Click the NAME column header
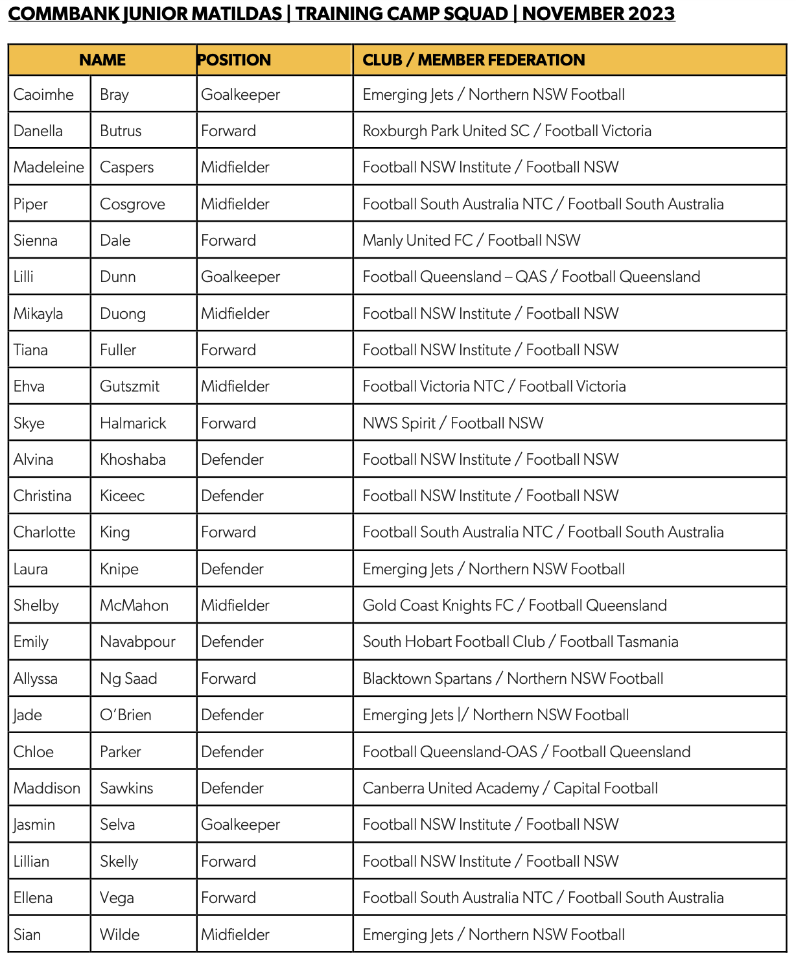coord(102,60)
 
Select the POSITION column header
coord(234,60)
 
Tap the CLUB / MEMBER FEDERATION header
coord(473,60)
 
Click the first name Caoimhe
coord(43,95)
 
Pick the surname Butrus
coord(121,131)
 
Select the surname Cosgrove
coord(132,204)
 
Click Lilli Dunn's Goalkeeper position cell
coord(240,277)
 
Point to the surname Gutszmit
coord(130,386)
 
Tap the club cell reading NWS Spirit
coord(452,423)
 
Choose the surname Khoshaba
coord(133,460)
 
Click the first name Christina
coord(43,496)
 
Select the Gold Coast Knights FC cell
coord(514,605)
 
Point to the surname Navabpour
coord(137,642)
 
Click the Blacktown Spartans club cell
coord(512,679)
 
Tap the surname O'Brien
coord(126,715)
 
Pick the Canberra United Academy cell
coord(509,788)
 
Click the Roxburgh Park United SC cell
coord(506,131)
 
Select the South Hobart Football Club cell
coord(520,642)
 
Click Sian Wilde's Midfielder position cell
coord(235,935)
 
